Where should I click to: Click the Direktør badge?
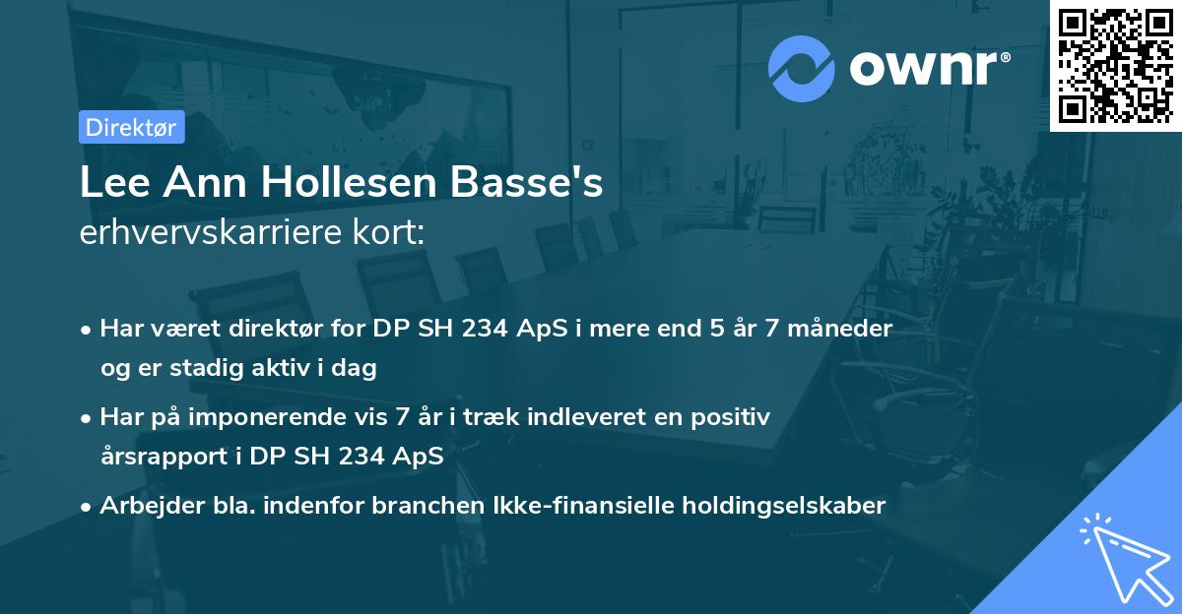pyautogui.click(x=131, y=127)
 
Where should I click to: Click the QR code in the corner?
pyautogui.click(x=1115, y=65)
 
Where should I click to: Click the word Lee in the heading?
pyautogui.click(x=109, y=184)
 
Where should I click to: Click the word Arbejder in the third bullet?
pyautogui.click(x=141, y=506)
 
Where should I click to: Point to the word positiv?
pyautogui.click(x=733, y=417)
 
